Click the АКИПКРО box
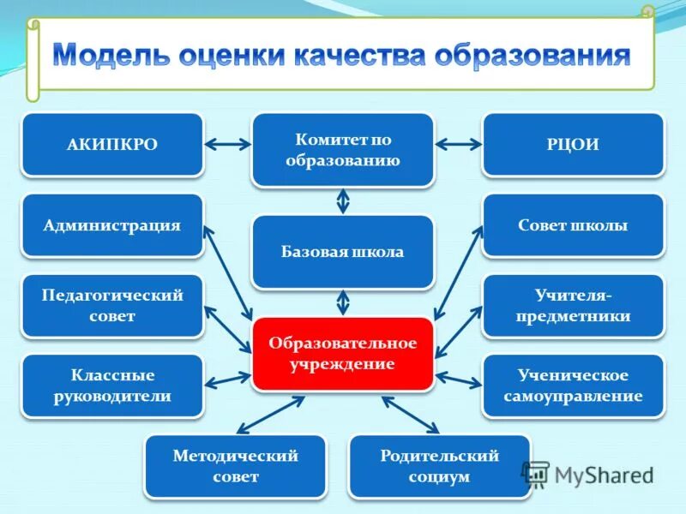coord(112,144)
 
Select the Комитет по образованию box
coord(343,149)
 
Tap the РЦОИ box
coord(573,144)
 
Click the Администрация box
coord(112,225)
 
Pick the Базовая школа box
coord(343,252)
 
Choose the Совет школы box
coord(573,225)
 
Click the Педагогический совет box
coord(112,305)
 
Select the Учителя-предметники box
coord(573,305)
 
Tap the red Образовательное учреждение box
coord(343,354)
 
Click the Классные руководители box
coord(112,385)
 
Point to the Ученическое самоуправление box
coord(573,385)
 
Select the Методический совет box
coord(235,466)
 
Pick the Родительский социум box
coord(439,466)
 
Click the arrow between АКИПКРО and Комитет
coord(227,145)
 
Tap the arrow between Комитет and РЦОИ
coord(459,145)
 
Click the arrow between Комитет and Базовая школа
coord(343,200)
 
